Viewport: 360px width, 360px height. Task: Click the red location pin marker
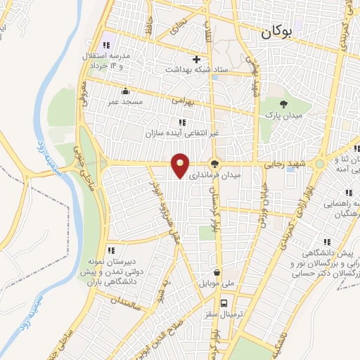181,165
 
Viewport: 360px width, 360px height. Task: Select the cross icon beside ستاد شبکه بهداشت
197,59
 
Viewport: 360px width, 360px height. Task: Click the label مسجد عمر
124,102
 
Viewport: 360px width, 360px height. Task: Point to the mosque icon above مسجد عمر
125,91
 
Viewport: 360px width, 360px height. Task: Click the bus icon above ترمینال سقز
224,304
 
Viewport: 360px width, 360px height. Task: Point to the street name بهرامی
181,101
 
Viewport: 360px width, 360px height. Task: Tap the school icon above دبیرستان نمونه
110,250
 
